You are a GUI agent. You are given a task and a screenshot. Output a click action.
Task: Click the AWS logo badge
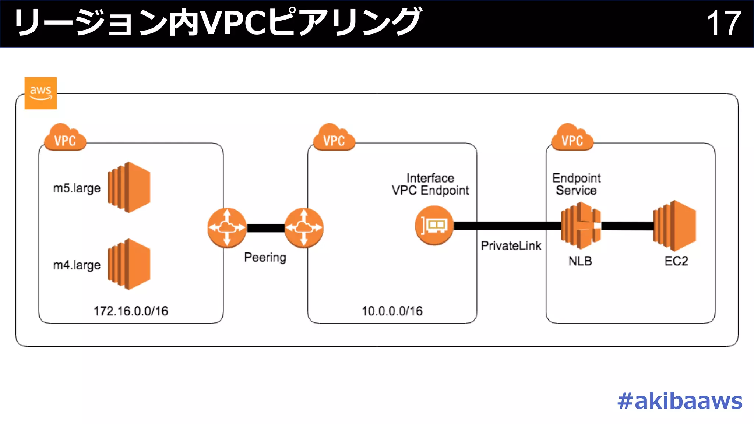click(x=40, y=93)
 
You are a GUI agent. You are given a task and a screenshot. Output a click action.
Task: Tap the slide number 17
click(x=723, y=23)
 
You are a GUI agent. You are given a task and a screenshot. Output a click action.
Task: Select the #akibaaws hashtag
click(x=680, y=401)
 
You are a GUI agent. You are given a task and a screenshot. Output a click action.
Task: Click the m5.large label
click(x=77, y=188)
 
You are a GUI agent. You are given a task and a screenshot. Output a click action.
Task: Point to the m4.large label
click(x=77, y=265)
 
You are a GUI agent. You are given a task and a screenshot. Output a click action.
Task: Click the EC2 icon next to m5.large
click(x=129, y=187)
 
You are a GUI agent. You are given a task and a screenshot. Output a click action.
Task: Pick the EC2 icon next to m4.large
click(x=129, y=264)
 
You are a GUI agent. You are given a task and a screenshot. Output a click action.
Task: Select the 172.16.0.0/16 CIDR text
click(x=131, y=311)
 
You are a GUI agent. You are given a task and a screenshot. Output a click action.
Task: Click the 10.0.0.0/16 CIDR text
click(x=392, y=311)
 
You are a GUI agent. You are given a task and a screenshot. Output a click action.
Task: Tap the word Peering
click(x=265, y=257)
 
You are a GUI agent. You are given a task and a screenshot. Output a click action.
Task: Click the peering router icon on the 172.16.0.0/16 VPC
click(x=227, y=227)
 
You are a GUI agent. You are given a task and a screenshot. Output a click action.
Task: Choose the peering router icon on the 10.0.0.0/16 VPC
click(x=304, y=227)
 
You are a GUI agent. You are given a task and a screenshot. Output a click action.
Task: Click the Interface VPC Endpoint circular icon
click(x=434, y=225)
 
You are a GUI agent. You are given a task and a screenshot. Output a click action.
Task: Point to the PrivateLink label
click(x=511, y=245)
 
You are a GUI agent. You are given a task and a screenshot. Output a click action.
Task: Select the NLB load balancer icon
click(x=581, y=225)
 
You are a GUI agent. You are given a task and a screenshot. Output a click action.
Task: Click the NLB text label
click(x=580, y=261)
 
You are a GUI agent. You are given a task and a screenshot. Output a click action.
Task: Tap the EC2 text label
click(x=676, y=261)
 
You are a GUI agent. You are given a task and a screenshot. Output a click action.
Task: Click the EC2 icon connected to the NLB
click(x=675, y=225)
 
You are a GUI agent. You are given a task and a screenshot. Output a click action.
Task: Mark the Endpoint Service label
click(x=577, y=184)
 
